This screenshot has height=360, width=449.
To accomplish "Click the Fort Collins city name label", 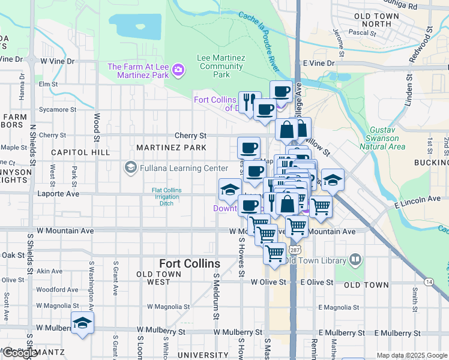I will point(190,263).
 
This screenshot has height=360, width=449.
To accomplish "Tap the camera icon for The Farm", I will point(178,71).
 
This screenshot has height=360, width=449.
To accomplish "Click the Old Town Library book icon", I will point(355,260).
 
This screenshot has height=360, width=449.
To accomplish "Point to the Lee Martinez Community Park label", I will point(221,66).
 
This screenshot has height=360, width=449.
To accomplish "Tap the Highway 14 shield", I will point(429,281).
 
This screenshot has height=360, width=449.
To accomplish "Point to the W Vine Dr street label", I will point(58,61).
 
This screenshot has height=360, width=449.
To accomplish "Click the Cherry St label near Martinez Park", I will point(190,136).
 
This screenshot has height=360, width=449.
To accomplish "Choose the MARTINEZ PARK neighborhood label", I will point(171,148).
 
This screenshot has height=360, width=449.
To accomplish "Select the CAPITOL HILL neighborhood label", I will point(80,152).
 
